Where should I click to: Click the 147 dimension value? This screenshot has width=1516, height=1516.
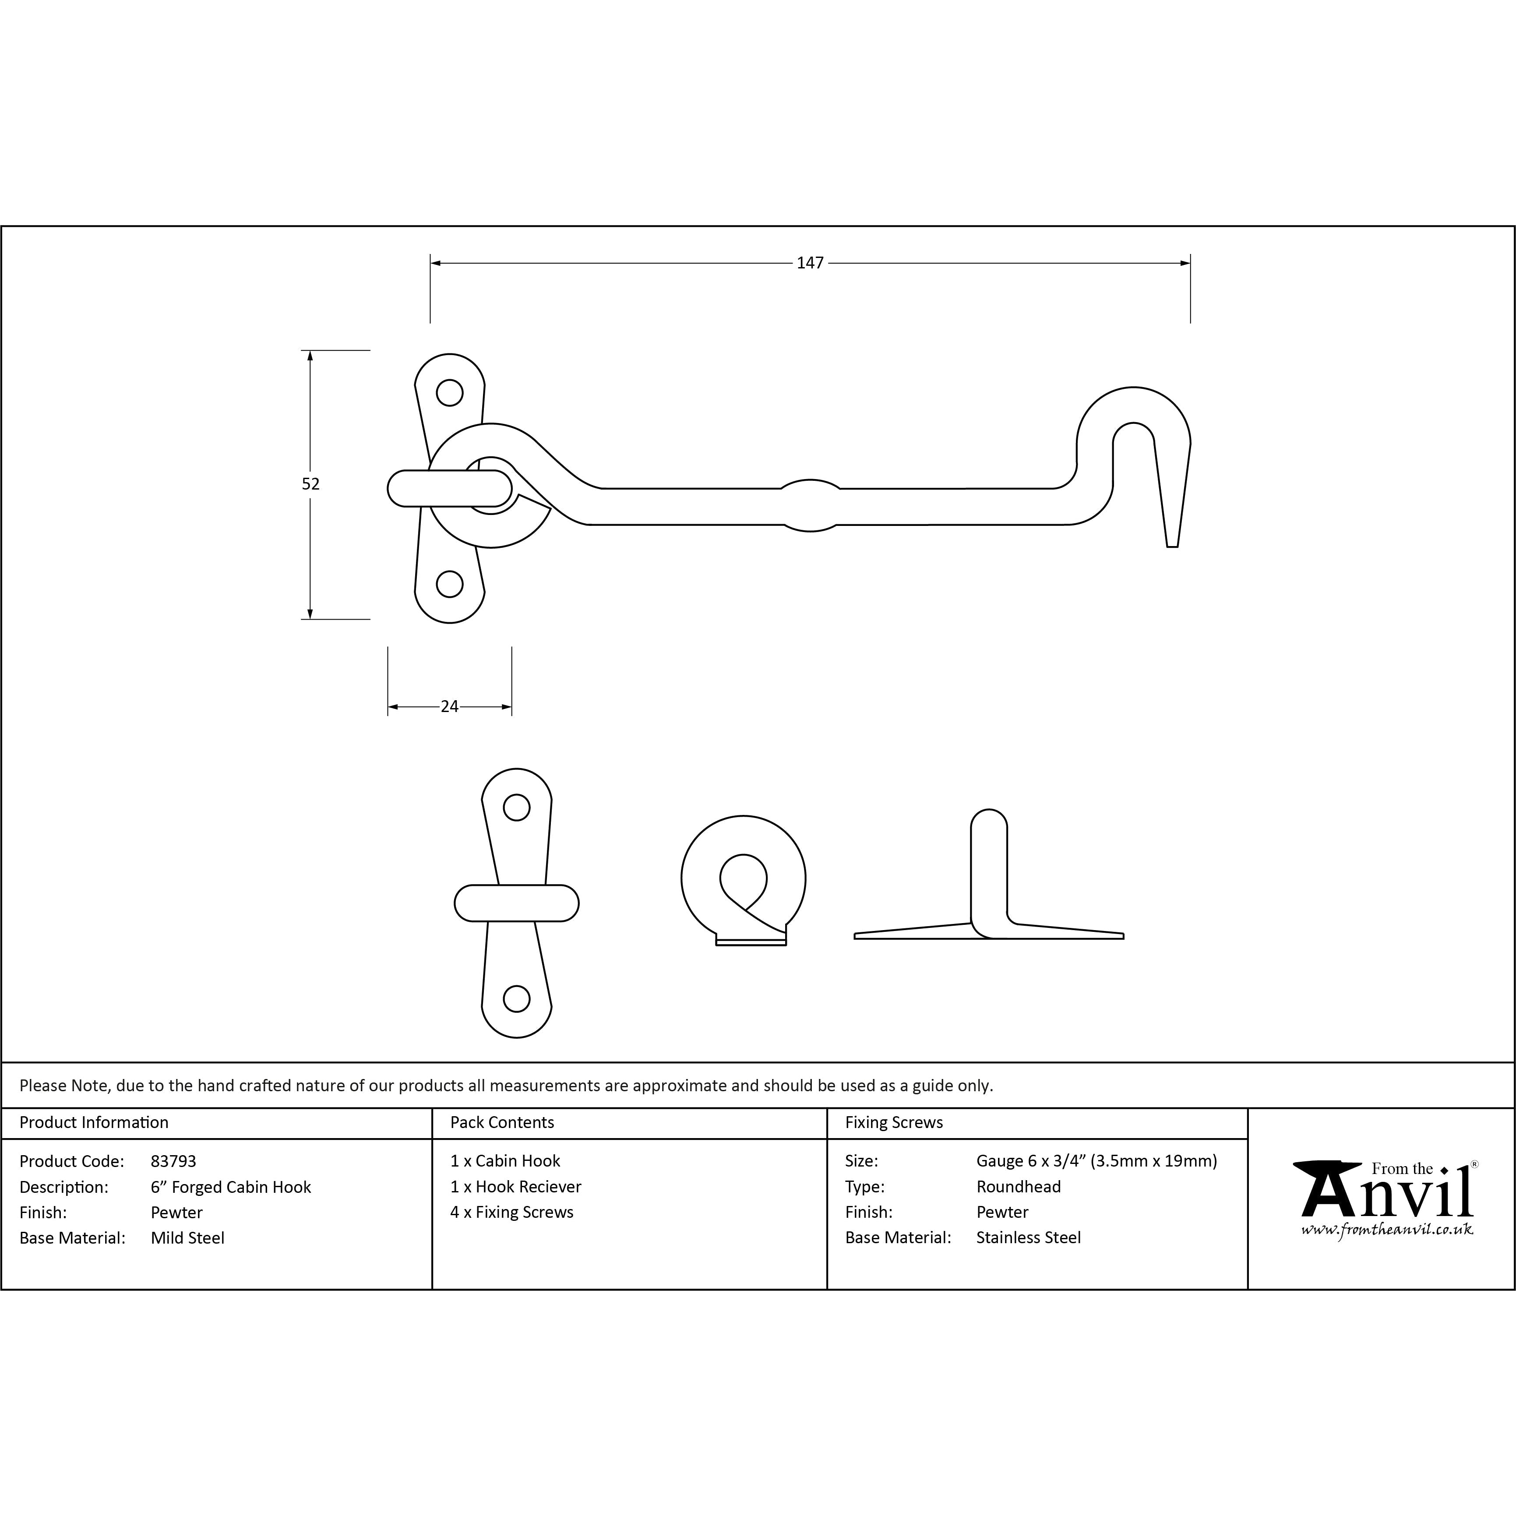pyautogui.click(x=810, y=263)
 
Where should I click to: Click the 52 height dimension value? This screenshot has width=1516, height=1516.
pyautogui.click(x=311, y=484)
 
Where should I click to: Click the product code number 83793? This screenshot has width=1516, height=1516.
pyautogui.click(x=173, y=1161)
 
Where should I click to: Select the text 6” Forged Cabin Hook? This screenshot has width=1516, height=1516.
pyautogui.click(x=231, y=1187)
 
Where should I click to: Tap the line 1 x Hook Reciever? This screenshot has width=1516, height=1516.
pyautogui.click(x=515, y=1187)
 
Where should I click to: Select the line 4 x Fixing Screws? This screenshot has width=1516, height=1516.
pyautogui.click(x=511, y=1213)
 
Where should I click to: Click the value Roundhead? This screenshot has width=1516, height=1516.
pyautogui.click(x=1019, y=1187)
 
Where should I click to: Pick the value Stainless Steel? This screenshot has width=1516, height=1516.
pyautogui.click(x=1028, y=1237)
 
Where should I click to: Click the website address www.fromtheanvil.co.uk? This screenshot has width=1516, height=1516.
pyautogui.click(x=1386, y=1230)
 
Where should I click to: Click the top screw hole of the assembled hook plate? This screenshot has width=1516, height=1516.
pyautogui.click(x=450, y=392)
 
